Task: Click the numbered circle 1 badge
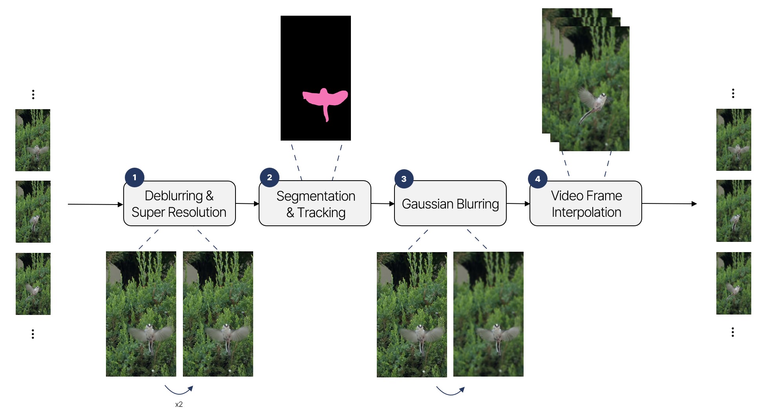(x=135, y=177)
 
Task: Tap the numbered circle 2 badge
(x=269, y=177)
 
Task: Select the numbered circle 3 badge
(x=404, y=179)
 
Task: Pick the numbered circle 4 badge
(x=538, y=179)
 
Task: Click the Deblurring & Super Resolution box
(x=179, y=204)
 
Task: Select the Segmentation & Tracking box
(x=315, y=204)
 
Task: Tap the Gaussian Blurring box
(x=450, y=204)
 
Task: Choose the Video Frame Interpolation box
(x=586, y=204)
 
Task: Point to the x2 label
(x=179, y=404)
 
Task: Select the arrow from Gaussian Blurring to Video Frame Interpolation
(x=518, y=203)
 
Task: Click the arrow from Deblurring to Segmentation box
(x=247, y=203)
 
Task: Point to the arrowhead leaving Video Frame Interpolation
(x=694, y=204)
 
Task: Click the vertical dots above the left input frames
(x=33, y=94)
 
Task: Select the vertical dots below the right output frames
(x=733, y=332)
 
